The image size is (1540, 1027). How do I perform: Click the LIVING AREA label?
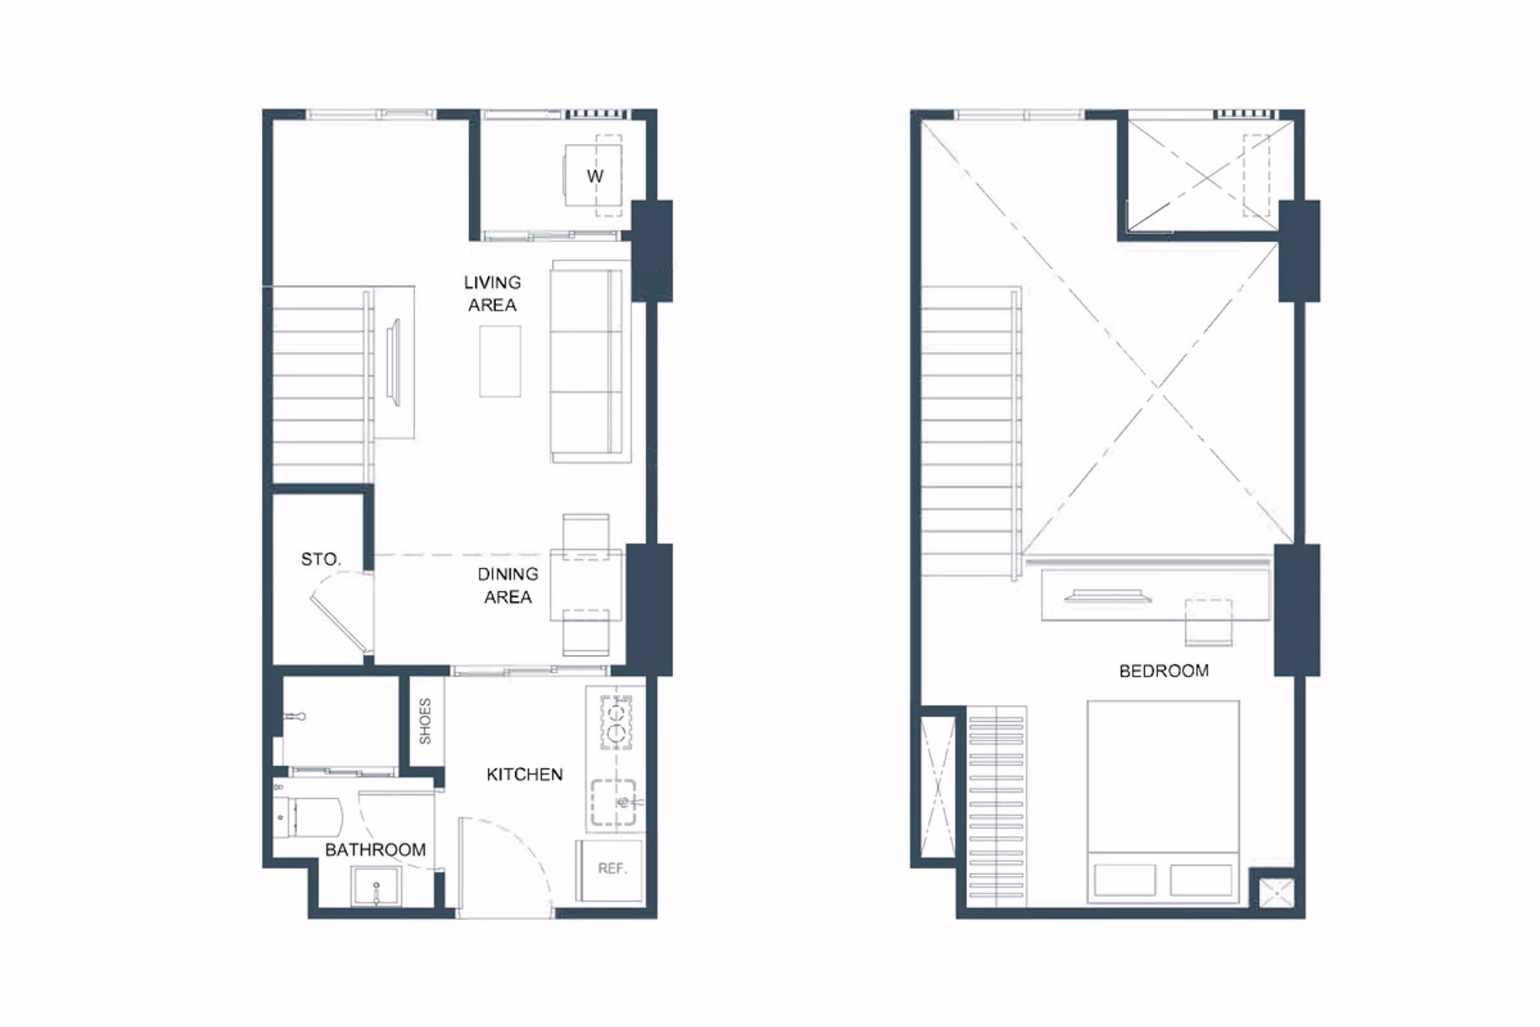click(493, 294)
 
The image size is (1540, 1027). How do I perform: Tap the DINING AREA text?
click(508, 586)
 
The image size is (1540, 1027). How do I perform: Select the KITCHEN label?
click(524, 774)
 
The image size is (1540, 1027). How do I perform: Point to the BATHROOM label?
click(375, 850)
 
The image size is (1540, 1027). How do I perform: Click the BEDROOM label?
click(1163, 671)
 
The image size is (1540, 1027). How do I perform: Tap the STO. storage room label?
click(320, 559)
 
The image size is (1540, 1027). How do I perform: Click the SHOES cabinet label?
click(425, 721)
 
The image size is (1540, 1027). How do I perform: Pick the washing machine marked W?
click(593, 176)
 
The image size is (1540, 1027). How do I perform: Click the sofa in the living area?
click(591, 361)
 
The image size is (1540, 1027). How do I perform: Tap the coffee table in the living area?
click(500, 361)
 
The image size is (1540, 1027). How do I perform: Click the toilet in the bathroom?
click(308, 817)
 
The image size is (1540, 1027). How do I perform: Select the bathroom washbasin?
click(376, 887)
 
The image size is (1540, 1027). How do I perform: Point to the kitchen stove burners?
click(616, 722)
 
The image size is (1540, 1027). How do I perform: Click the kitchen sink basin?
click(614, 803)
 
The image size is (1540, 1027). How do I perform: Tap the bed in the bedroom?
click(1163, 801)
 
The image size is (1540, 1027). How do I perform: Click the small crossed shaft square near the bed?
click(1277, 892)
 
